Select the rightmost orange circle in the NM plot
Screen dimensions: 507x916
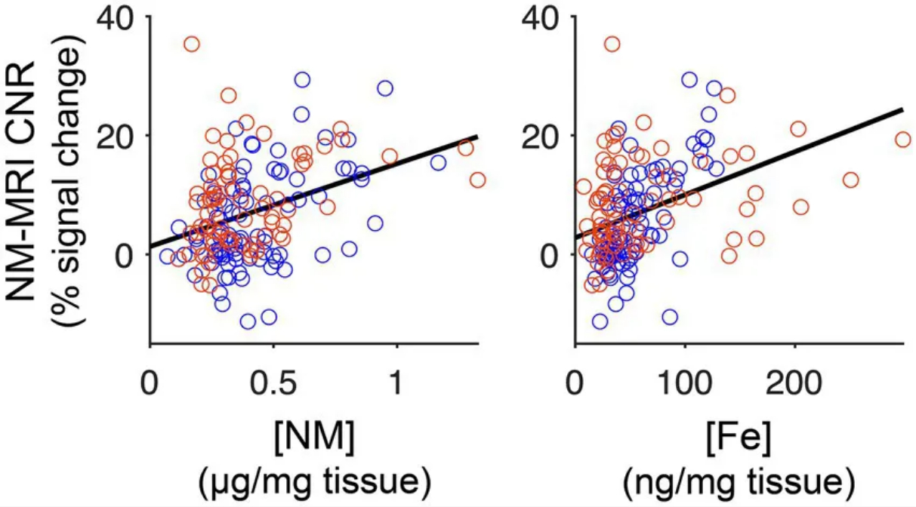click(477, 180)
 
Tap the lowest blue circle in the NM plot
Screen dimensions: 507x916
click(248, 321)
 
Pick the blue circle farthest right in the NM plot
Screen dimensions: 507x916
click(439, 162)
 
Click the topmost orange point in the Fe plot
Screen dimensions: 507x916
click(612, 45)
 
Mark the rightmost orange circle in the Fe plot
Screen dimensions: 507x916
click(902, 140)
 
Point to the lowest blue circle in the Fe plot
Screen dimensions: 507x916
click(600, 321)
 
